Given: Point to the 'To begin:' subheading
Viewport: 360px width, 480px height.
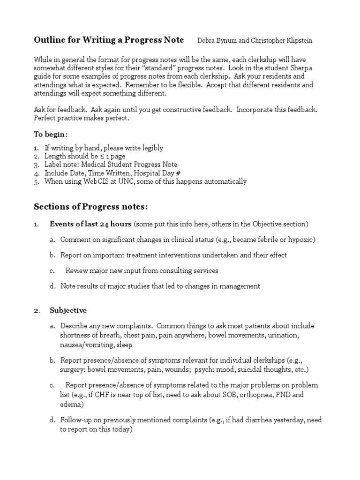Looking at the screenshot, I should tap(50, 134).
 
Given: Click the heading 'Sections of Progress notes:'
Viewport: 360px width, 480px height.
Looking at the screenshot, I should tap(91, 207).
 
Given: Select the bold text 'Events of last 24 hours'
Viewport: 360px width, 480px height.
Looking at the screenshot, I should tap(91, 224).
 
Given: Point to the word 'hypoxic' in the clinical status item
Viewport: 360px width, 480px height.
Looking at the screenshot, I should tap(303, 240).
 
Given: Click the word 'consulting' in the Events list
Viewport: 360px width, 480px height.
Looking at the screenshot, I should tap(175, 270).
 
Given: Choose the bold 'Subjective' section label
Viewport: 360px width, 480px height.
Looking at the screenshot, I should tap(68, 310).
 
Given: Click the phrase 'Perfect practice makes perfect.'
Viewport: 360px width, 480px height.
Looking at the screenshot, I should tap(81, 118).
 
